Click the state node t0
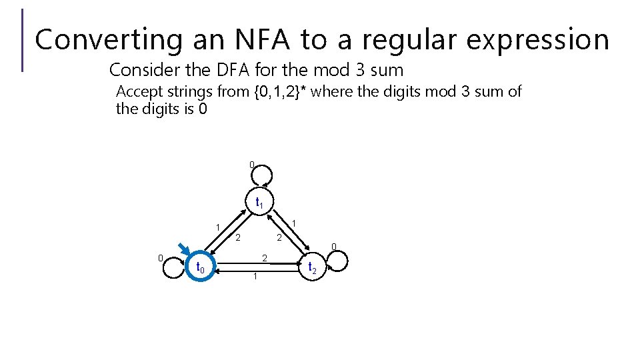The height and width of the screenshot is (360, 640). click(201, 267)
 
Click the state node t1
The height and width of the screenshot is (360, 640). click(260, 202)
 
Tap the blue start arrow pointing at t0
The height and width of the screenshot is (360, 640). click(179, 249)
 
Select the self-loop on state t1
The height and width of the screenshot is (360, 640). click(260, 174)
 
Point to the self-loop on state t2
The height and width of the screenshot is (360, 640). click(337, 261)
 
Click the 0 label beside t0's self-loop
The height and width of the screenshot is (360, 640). click(160, 259)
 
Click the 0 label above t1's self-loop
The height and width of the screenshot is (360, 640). click(251, 165)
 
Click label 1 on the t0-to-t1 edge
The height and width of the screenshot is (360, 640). click(218, 228)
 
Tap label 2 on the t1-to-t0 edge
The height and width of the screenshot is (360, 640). click(237, 237)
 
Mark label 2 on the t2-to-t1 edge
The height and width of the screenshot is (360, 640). click(280, 237)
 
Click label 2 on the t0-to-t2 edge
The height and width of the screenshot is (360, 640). click(265, 258)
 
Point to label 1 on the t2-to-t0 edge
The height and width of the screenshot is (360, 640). click(255, 276)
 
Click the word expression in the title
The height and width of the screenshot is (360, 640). click(537, 39)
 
